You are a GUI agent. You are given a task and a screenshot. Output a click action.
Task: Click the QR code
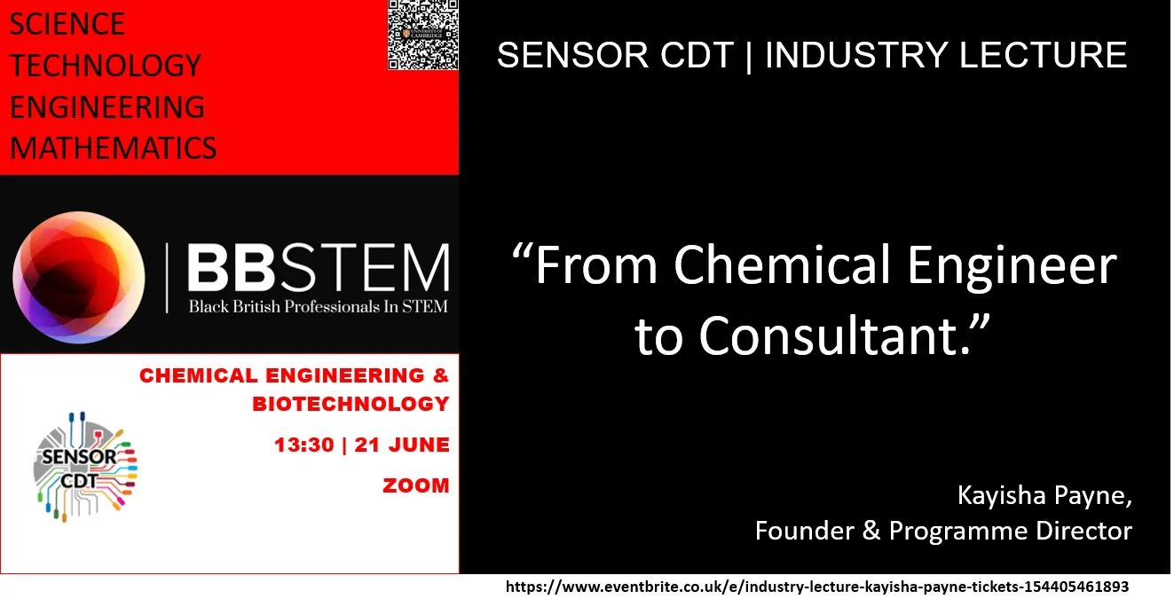tap(423, 35)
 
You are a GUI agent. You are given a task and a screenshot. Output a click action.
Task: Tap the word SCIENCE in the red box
tap(67, 24)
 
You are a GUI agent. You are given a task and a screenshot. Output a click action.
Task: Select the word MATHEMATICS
tap(113, 147)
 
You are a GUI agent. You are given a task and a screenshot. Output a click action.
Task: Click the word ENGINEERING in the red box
tap(106, 106)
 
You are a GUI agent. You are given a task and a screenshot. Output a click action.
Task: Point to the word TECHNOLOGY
tap(105, 66)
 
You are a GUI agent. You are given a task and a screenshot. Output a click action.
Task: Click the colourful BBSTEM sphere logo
tap(79, 277)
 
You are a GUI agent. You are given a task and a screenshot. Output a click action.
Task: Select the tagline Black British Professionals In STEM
tap(318, 307)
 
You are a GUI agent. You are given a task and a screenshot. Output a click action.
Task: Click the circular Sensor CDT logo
tap(85, 466)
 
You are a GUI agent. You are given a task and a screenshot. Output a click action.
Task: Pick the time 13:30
tap(303, 445)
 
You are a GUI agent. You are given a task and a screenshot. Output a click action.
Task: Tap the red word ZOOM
tap(416, 485)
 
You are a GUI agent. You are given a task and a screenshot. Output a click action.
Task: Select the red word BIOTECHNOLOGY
tap(351, 404)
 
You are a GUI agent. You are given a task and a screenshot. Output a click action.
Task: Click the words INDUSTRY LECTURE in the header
tap(946, 55)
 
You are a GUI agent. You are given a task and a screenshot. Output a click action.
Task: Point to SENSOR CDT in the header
tap(615, 55)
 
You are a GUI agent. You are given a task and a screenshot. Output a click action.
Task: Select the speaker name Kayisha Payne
tap(1044, 495)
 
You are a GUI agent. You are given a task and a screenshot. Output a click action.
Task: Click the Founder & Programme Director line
tap(943, 531)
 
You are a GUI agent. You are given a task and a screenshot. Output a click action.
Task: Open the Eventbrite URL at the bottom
tap(816, 587)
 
